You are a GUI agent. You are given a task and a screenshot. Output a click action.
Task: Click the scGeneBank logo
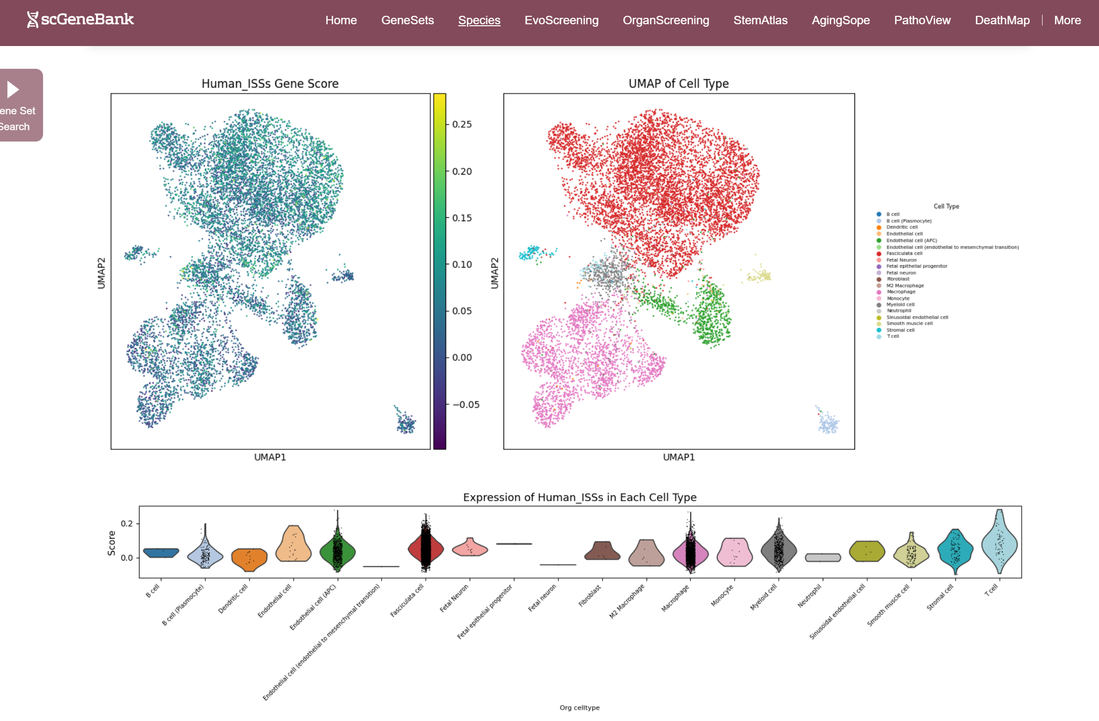point(80,20)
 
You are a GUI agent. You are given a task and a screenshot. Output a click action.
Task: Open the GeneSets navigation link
point(407,20)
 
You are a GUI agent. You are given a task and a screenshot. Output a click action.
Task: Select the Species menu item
point(479,20)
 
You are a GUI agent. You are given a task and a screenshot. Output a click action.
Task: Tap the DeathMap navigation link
point(1002,20)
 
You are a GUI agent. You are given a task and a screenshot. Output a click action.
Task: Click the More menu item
point(1067,20)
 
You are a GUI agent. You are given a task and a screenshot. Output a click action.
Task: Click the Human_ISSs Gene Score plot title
point(270,84)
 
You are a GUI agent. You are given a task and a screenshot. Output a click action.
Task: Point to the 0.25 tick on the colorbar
point(461,124)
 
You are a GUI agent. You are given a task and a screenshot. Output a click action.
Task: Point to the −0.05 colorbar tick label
point(465,404)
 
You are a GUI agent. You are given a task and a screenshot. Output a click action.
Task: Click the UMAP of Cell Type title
point(678,84)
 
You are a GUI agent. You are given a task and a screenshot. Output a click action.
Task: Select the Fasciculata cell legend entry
point(904,253)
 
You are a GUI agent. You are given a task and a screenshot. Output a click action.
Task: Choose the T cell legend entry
point(893,336)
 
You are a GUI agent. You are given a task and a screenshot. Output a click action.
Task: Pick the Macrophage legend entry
point(901,292)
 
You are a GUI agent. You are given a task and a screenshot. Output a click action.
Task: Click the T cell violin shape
point(999,544)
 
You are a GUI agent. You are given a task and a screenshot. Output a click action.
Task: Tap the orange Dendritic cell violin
point(250,558)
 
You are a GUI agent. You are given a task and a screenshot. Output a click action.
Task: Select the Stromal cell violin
point(955,549)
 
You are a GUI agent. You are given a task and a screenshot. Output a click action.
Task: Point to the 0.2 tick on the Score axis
point(127,524)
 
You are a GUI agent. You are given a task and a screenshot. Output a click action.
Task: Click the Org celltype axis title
point(579,708)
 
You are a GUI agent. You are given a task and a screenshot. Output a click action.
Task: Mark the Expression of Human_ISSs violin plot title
point(579,497)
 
